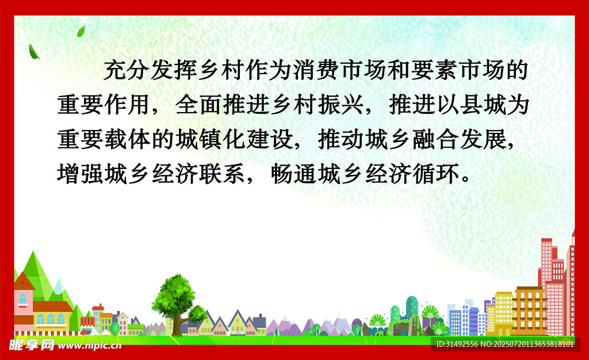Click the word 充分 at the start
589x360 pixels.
pos(127,70)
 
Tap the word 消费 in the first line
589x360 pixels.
pos(316,70)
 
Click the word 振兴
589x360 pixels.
pos(340,104)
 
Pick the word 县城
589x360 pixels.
pos(482,104)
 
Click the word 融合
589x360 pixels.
pos(435,139)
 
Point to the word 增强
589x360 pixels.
pos(80,174)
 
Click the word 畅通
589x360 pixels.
pos(293,174)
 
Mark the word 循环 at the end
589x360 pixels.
pos(435,174)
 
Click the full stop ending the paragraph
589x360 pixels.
pos(466,179)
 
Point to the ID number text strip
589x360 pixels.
pos(505,344)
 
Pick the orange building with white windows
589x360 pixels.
pos(529,311)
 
